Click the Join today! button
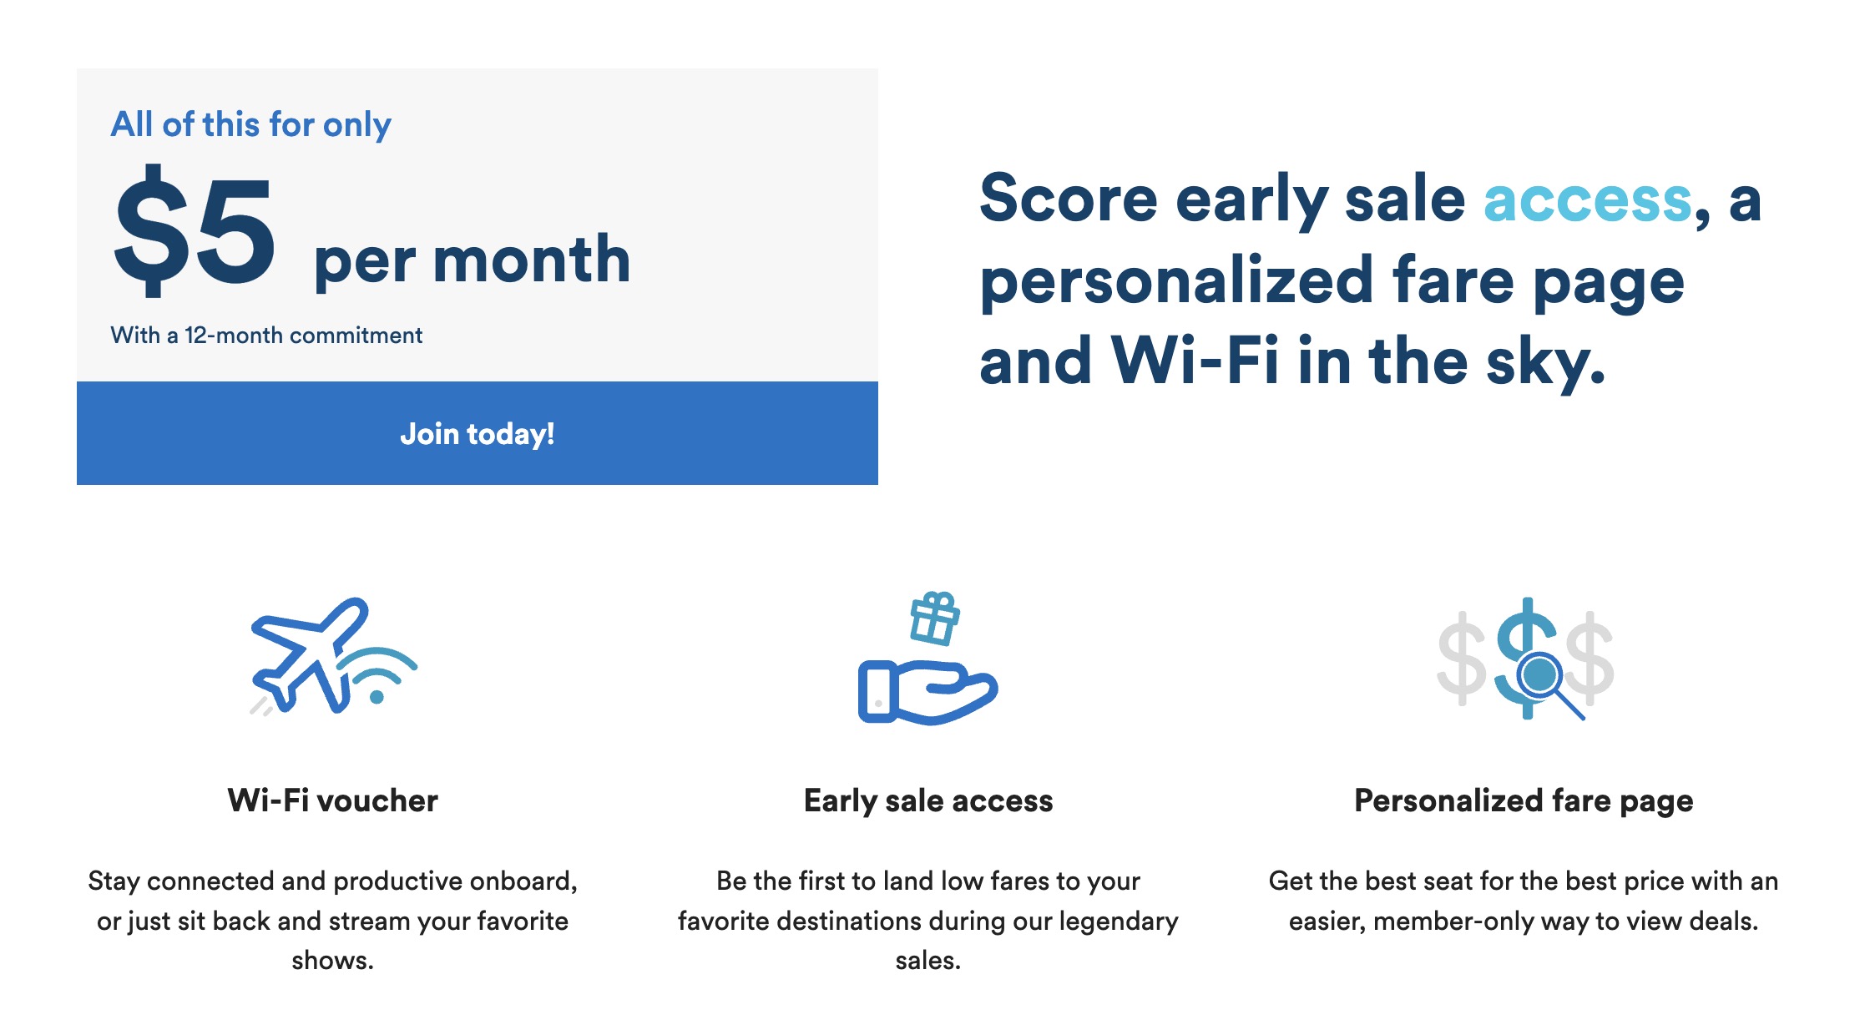477,433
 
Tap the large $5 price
195,231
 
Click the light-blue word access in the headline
1587,201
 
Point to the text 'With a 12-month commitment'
266,336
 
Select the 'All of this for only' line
250,125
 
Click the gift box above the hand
935,619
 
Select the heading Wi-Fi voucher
332,800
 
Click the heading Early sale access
928,801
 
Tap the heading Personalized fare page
1524,801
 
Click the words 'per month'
472,261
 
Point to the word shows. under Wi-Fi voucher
332,961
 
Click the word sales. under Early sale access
928,961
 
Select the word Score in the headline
1069,199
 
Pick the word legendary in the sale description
1119,921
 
